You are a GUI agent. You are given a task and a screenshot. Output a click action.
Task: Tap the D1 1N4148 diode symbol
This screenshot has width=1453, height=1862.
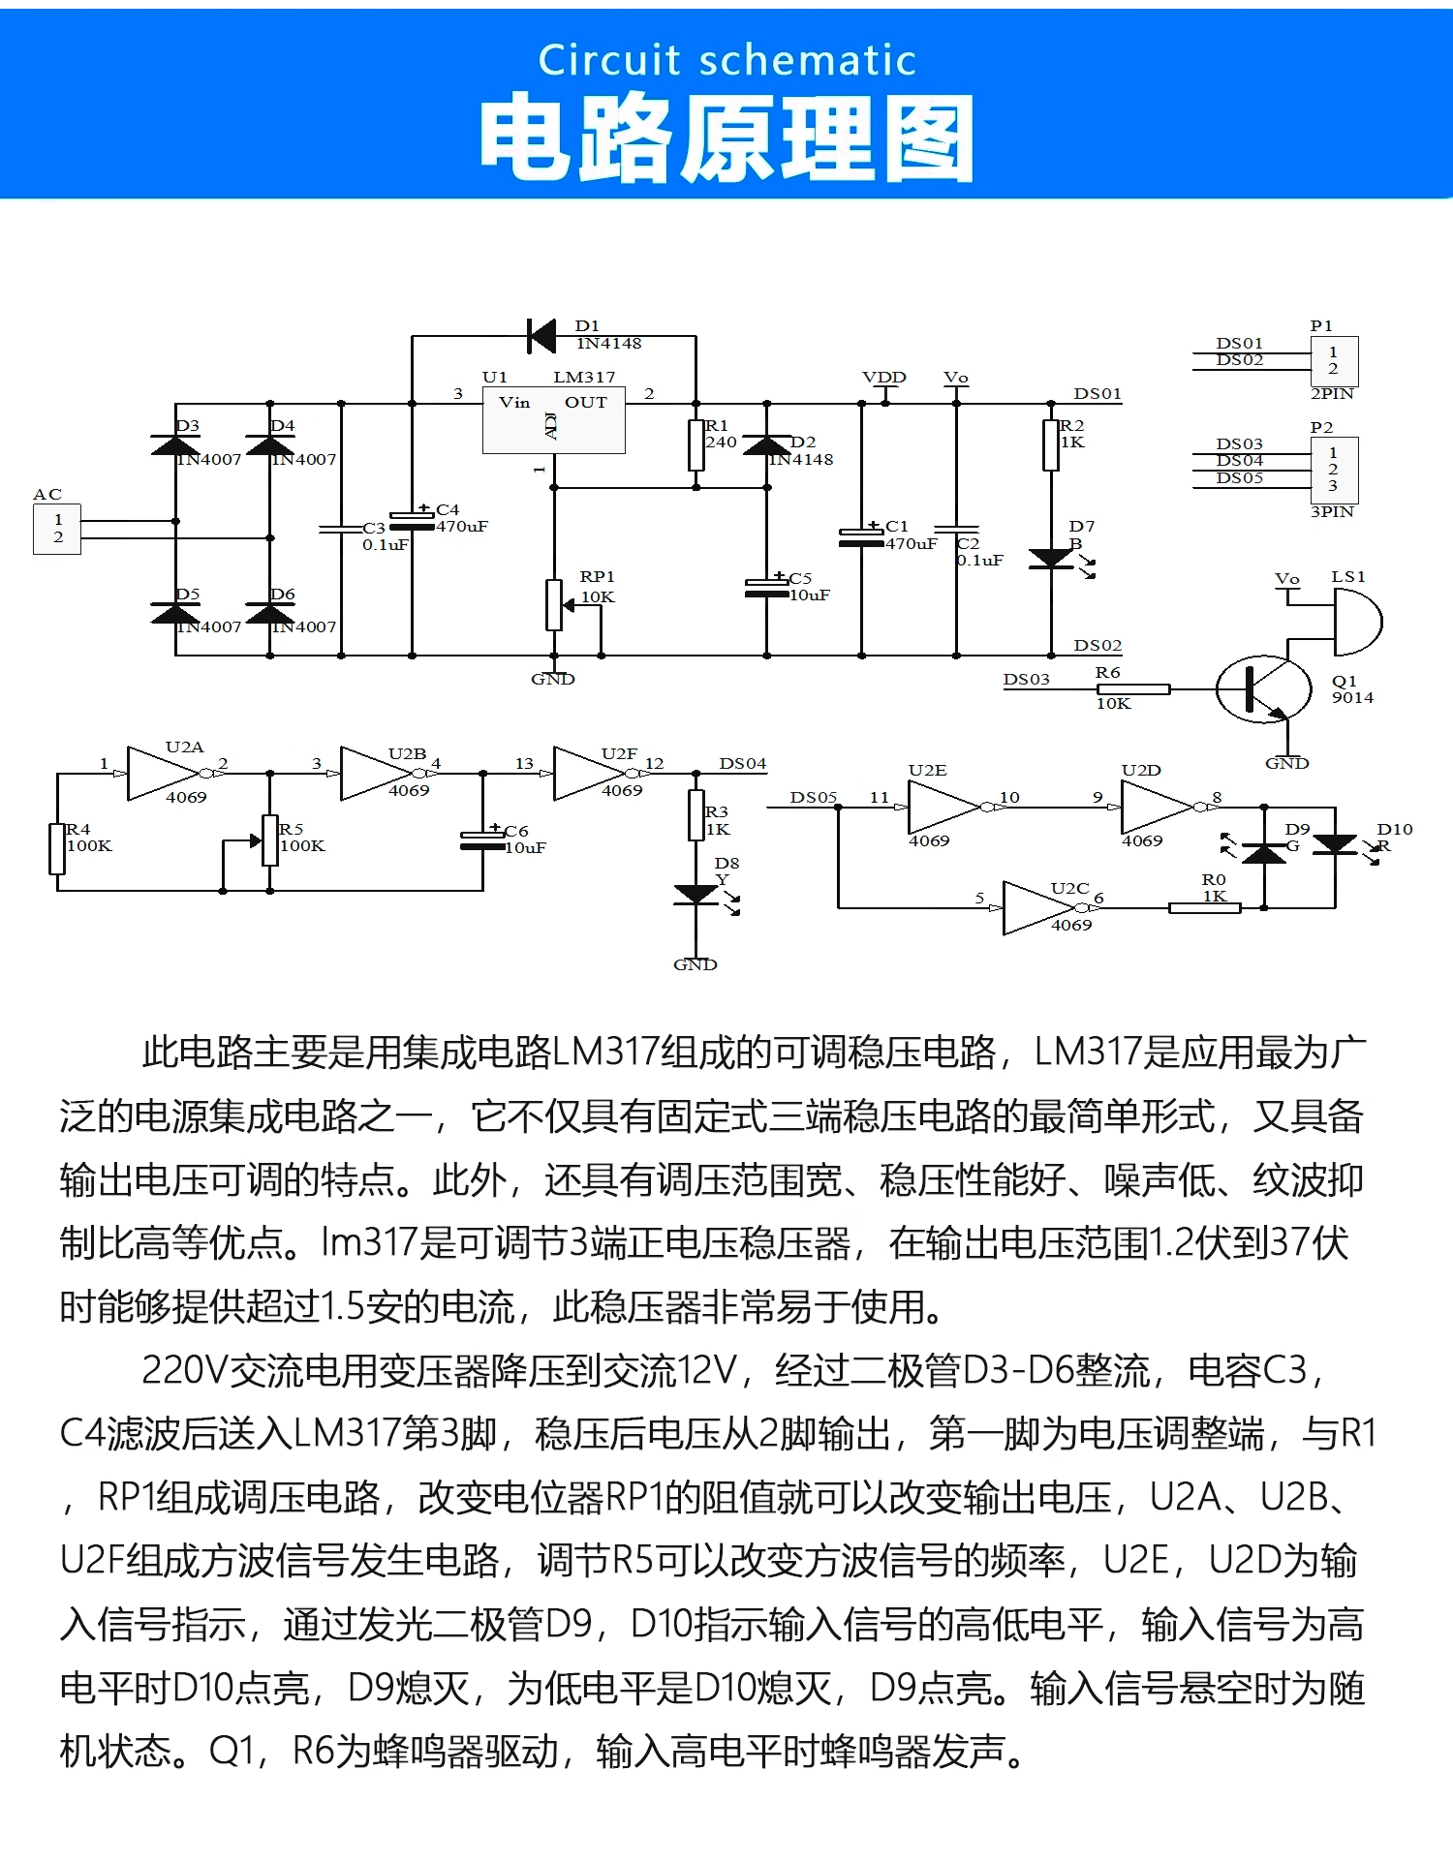(x=542, y=336)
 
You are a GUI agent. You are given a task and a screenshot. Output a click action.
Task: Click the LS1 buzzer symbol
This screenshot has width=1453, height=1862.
(x=1356, y=622)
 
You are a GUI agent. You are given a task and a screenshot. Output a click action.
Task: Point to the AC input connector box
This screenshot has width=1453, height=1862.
(x=57, y=529)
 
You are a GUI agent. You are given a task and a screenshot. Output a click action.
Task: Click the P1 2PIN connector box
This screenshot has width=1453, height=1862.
(x=1334, y=360)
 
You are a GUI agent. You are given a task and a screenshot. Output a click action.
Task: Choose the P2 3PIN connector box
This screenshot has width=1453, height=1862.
(x=1334, y=470)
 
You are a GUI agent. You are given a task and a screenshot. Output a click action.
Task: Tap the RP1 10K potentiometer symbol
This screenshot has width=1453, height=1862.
(x=554, y=604)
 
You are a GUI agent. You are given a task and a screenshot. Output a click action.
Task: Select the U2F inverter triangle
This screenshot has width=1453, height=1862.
(x=587, y=773)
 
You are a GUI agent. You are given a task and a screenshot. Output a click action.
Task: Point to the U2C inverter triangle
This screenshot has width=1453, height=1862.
(x=1037, y=907)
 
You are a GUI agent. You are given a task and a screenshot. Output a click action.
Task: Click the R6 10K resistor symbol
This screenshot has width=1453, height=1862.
(x=1132, y=689)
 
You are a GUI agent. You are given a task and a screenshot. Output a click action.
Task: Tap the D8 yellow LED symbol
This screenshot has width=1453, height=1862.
(x=696, y=895)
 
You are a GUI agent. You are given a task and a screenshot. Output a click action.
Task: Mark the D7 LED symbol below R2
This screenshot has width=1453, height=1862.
(x=1051, y=559)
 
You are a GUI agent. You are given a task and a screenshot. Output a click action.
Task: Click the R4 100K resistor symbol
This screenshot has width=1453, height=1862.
(x=57, y=848)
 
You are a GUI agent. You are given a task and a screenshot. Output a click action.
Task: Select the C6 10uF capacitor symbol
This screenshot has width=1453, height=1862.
(x=482, y=839)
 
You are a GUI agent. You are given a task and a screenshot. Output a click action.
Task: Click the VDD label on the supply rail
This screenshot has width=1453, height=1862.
(x=883, y=378)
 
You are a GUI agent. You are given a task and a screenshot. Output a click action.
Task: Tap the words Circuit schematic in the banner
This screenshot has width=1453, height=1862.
(x=726, y=60)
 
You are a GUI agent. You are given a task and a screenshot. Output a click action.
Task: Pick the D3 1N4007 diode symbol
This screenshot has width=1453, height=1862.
(x=175, y=446)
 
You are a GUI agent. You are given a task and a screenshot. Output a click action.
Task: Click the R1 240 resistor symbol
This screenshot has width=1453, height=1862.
(x=696, y=444)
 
